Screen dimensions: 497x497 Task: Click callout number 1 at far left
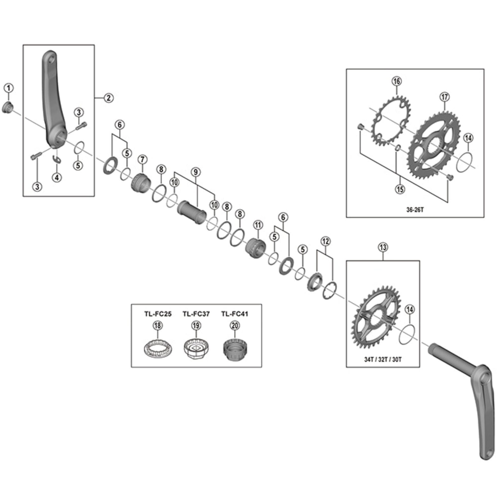[x=8, y=88]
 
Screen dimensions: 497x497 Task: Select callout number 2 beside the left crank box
[x=109, y=98]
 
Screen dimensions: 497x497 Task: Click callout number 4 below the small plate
[x=57, y=177]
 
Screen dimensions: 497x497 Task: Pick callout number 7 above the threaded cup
[x=142, y=159]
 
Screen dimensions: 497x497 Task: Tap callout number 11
[x=258, y=225]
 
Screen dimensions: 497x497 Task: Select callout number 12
[x=326, y=241]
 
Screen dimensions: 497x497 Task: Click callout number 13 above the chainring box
[x=383, y=248]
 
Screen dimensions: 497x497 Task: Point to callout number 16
[x=396, y=81]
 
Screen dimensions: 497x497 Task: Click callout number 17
[x=445, y=97]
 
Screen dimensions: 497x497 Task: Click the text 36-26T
[x=415, y=210]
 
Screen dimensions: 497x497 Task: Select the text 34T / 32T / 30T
[x=382, y=359]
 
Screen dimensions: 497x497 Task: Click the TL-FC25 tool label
[x=158, y=314]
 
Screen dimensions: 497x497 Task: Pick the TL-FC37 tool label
[x=196, y=314]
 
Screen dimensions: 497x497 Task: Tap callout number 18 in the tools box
[x=158, y=326]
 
